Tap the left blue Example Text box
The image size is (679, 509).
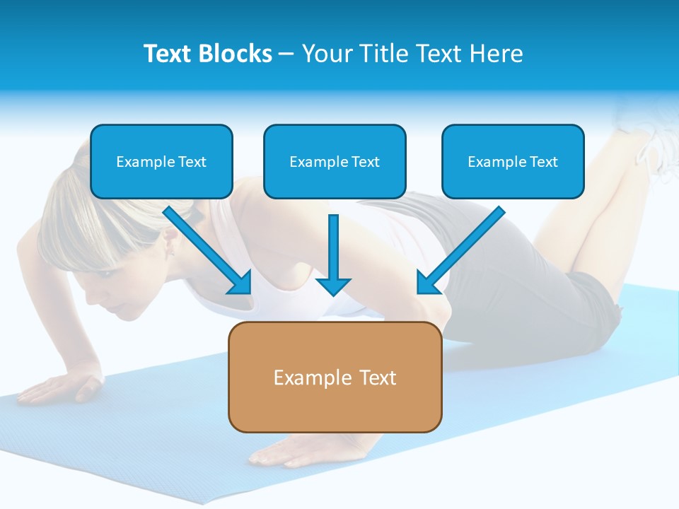[161, 162]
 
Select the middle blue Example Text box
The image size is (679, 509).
[335, 162]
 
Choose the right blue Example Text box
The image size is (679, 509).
[513, 162]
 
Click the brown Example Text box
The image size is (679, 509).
[335, 377]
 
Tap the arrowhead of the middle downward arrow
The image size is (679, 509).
[333, 286]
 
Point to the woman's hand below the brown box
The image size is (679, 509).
[283, 450]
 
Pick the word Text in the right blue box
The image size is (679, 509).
[543, 162]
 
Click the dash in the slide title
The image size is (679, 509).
[286, 54]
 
